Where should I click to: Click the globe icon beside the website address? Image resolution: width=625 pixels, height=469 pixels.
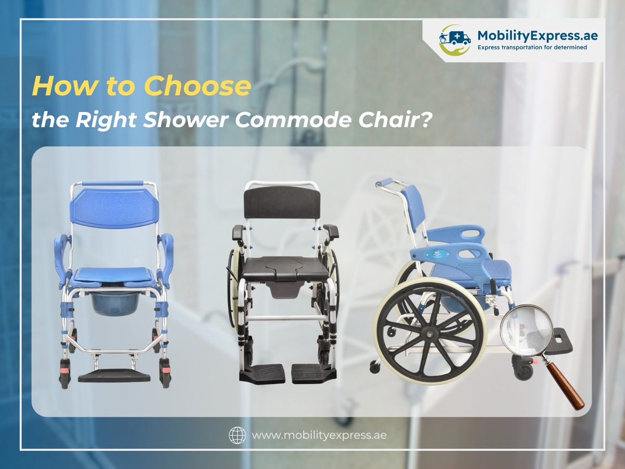point(237,435)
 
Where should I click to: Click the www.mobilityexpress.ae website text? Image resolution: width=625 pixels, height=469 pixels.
point(319,435)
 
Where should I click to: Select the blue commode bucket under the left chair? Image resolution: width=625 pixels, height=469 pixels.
point(113,302)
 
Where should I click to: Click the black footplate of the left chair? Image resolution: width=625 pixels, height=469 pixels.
point(114,376)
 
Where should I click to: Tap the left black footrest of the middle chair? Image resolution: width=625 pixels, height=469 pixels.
point(262,373)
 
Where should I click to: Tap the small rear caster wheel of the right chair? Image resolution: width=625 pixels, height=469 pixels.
point(374,367)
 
